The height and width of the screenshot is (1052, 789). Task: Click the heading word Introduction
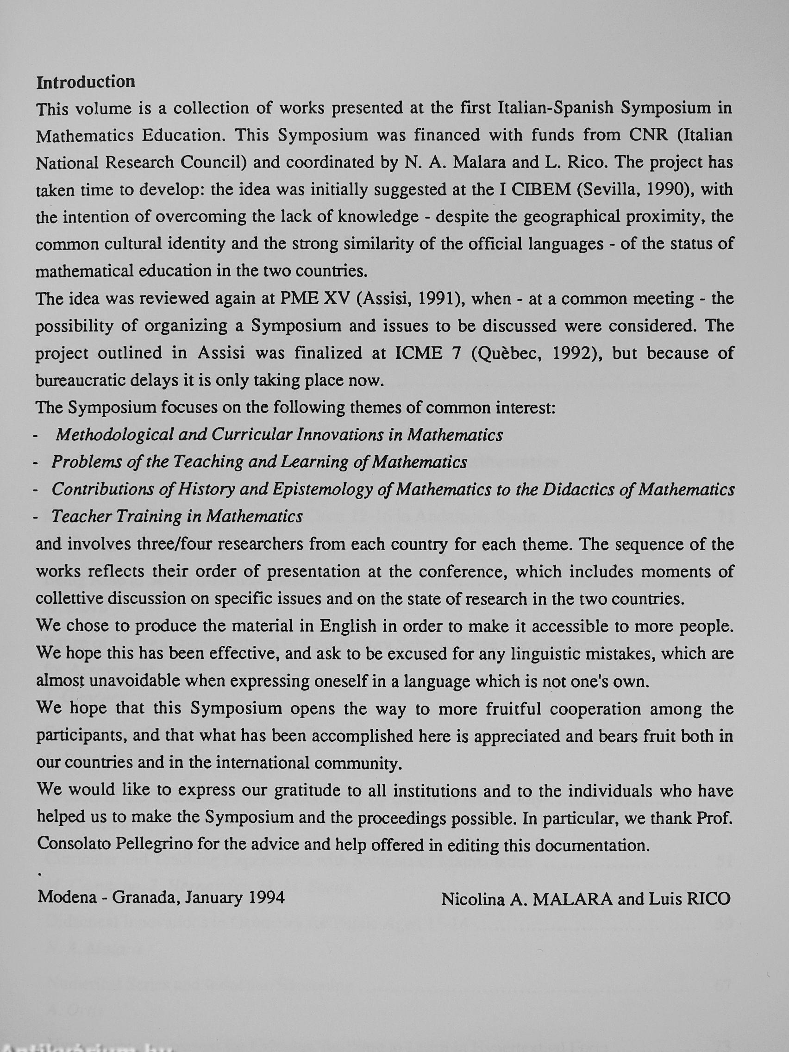point(86,82)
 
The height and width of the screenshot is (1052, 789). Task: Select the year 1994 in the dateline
point(267,897)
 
